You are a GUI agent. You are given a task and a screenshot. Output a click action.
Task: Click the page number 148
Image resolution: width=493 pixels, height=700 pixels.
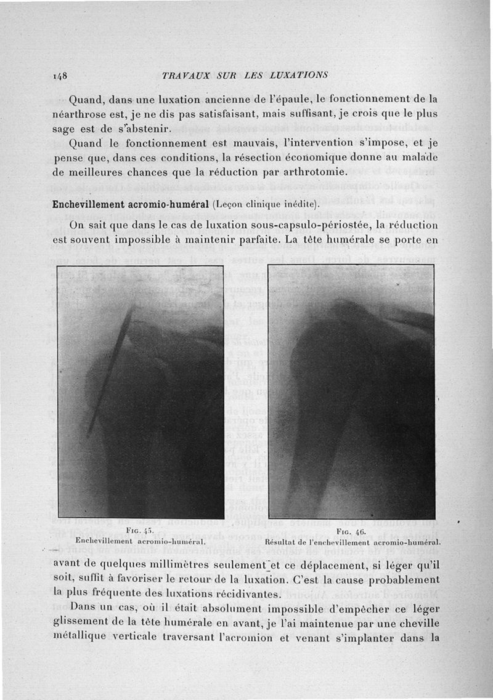click(60, 75)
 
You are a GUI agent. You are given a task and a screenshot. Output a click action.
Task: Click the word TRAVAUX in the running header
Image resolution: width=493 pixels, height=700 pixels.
click(185, 75)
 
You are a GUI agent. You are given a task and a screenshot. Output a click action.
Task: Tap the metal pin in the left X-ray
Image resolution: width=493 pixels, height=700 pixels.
click(111, 369)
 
